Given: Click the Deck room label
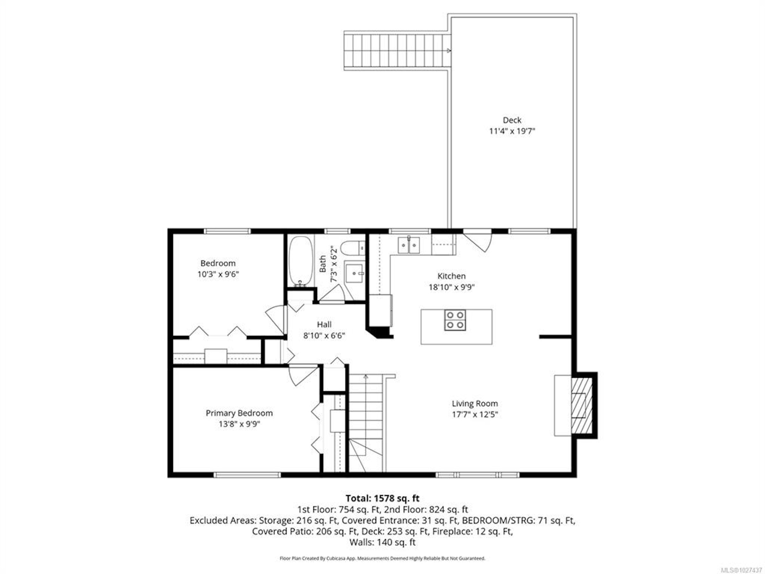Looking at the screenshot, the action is (x=512, y=120).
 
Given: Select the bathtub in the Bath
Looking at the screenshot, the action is (x=301, y=261).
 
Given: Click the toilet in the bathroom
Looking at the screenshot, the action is (x=353, y=248).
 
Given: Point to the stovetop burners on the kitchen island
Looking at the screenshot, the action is (x=455, y=320).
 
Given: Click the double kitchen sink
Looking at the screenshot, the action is (x=409, y=245).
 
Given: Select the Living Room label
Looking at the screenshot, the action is (x=475, y=403).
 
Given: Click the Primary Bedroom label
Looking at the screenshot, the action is (x=239, y=413).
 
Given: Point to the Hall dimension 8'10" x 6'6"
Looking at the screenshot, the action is (x=324, y=335).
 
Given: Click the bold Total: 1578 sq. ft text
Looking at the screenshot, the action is (x=382, y=498).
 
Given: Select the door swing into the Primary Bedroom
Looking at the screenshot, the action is (x=303, y=376).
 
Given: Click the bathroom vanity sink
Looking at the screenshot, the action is (x=354, y=273).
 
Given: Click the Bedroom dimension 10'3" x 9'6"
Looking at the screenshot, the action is (x=218, y=274).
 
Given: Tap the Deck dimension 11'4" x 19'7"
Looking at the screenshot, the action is (x=512, y=131).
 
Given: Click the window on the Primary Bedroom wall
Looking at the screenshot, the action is (x=247, y=475).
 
